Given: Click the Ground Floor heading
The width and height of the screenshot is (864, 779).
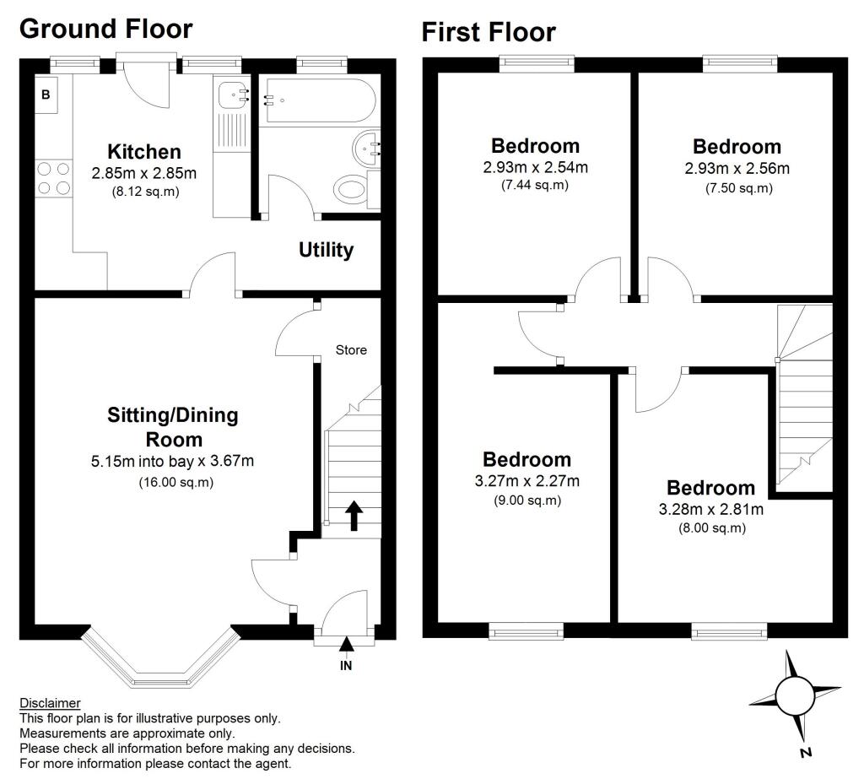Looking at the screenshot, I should coord(105,28).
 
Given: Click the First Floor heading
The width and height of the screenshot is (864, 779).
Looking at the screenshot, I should coord(489,32).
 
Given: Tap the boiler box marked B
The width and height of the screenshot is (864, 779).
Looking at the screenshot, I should coord(46,95).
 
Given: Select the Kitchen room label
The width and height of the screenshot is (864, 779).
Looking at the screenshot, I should coord(144,152).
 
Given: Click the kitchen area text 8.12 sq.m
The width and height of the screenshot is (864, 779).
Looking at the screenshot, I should coord(144,192).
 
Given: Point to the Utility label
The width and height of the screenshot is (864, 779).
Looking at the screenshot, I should coord(326,251).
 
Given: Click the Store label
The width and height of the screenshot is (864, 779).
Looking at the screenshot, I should coord(351,349).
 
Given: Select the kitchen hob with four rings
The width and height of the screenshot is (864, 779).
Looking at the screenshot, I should coord(52,178).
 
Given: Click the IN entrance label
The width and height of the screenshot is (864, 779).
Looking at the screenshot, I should coord(346,666).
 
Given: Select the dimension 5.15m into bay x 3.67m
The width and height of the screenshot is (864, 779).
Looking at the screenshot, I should coord(172,462).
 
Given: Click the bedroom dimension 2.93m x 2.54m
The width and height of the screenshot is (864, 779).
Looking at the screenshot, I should coord(535,167).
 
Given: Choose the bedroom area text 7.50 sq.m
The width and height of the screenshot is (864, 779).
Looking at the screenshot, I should coord(738,188).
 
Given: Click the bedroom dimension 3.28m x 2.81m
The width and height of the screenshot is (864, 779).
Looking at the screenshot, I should coord(711,509).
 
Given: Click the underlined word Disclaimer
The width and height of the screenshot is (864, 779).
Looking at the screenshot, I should coord(50,703).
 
